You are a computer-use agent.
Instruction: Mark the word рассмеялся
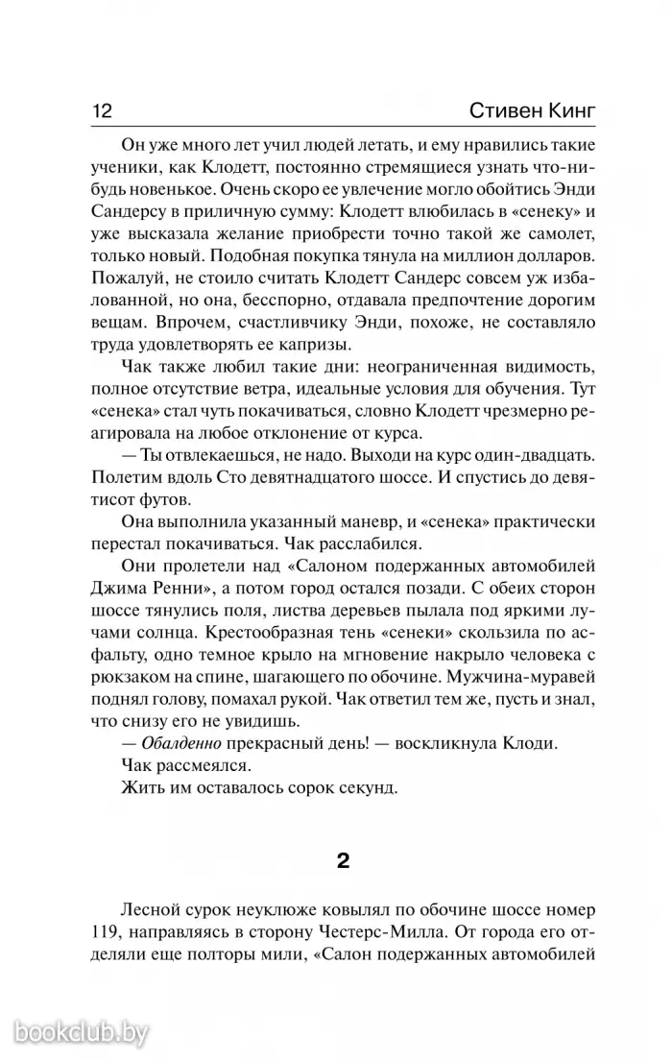204,768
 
